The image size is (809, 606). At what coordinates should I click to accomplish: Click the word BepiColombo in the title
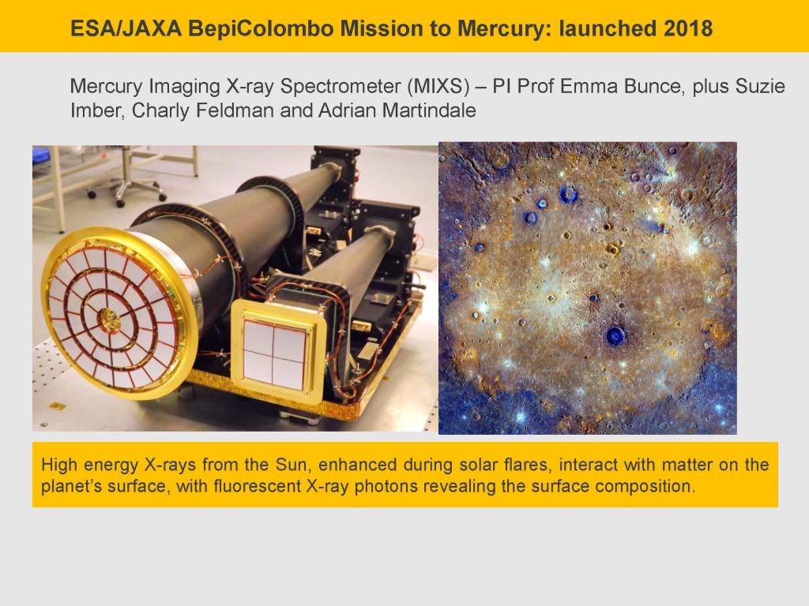pos(261,28)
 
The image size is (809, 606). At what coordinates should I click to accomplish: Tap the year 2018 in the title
pos(688,28)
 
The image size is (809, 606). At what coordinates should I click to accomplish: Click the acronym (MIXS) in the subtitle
pos(438,86)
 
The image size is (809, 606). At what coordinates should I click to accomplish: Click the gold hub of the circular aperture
pos(110,320)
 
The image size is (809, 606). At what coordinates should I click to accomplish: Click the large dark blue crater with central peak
pos(615,336)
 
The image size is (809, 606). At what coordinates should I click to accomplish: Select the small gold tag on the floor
pos(57,406)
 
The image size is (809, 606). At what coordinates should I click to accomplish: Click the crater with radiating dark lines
pos(593,298)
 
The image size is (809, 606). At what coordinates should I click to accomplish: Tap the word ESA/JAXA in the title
pos(126,28)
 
